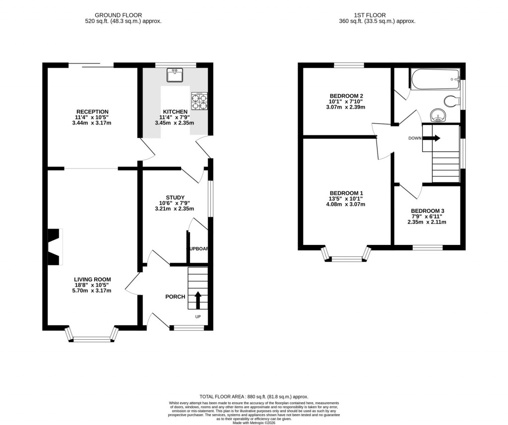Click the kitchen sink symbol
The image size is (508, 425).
(175, 75)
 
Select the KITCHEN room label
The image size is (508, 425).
(176, 112)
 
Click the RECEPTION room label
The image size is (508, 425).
(92, 112)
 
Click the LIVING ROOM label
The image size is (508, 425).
(92, 280)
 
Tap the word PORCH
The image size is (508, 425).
(175, 297)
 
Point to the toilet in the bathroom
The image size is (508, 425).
(452, 102)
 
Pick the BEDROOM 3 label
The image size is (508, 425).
(427, 211)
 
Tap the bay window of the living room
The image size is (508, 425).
(92, 338)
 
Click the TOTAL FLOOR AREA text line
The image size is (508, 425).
(254, 397)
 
